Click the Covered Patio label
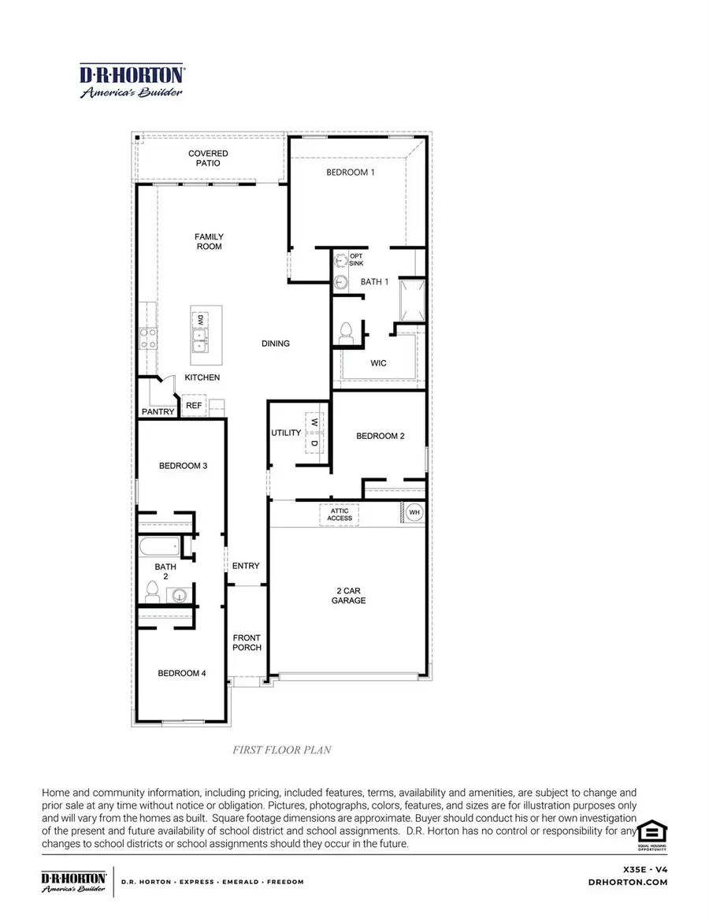209,158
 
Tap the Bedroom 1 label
351,172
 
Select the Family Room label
209,241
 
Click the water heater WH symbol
414,512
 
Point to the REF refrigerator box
194,407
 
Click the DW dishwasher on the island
201,320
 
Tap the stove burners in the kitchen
147,339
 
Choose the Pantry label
158,412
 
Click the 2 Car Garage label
348,595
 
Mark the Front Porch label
247,642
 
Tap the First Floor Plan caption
281,749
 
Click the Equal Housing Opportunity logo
651,834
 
